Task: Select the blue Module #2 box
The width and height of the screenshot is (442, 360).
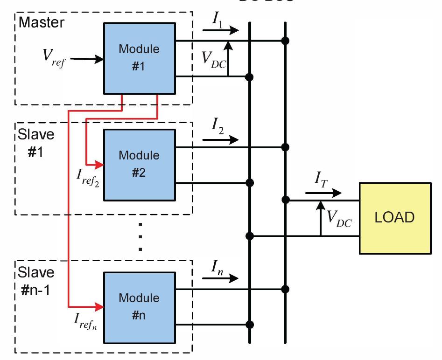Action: (139, 164)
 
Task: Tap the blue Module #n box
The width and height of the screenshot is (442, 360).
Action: (139, 306)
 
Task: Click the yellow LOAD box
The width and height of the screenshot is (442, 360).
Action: (394, 218)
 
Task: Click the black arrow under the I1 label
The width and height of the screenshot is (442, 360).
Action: (220, 30)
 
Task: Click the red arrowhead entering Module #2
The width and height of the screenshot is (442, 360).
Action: (99, 164)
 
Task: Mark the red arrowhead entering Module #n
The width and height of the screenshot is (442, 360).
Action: (99, 306)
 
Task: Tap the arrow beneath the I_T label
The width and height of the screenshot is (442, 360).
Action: (323, 192)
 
